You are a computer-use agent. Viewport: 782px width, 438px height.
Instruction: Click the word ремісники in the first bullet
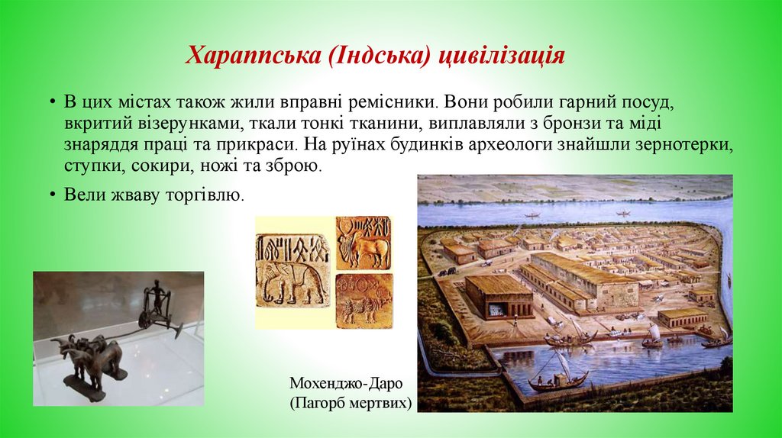(x=396, y=102)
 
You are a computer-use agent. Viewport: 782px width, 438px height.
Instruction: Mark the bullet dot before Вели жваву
(x=52, y=195)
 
